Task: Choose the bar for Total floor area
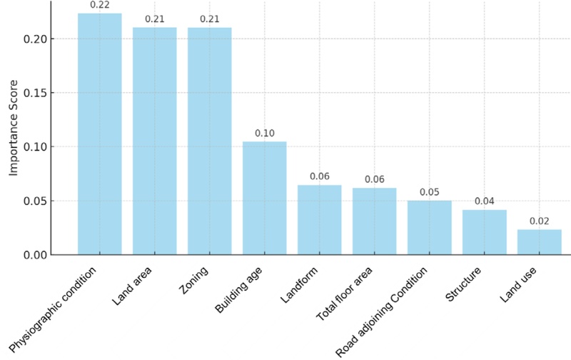click(374, 221)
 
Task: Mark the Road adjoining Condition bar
click(429, 228)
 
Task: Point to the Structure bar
click(484, 232)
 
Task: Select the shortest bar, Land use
click(539, 242)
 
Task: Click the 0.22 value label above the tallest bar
click(99, 5)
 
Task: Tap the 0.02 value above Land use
click(539, 221)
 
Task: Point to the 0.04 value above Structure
click(484, 201)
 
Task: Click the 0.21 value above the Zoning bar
click(209, 19)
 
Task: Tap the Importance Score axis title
click(14, 136)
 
